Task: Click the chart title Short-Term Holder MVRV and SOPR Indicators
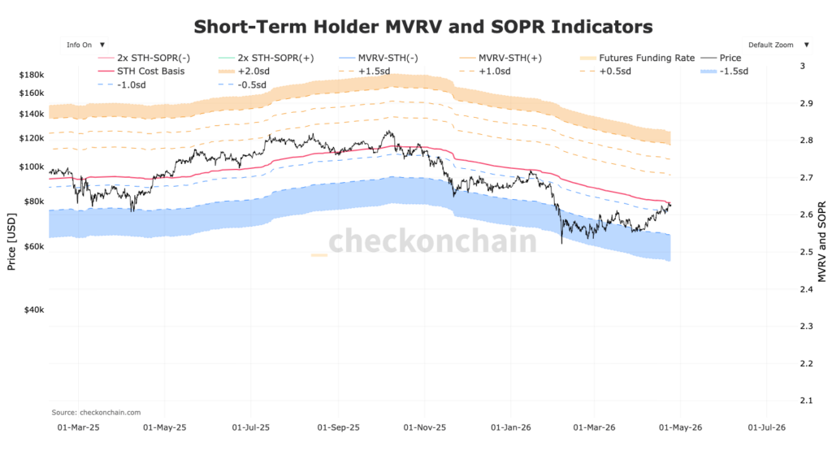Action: (x=422, y=27)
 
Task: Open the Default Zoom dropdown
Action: (x=775, y=45)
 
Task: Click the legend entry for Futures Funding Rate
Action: (x=646, y=58)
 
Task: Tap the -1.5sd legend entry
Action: (x=731, y=71)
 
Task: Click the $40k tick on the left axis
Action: (x=32, y=310)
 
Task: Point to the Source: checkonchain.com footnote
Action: (x=96, y=412)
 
